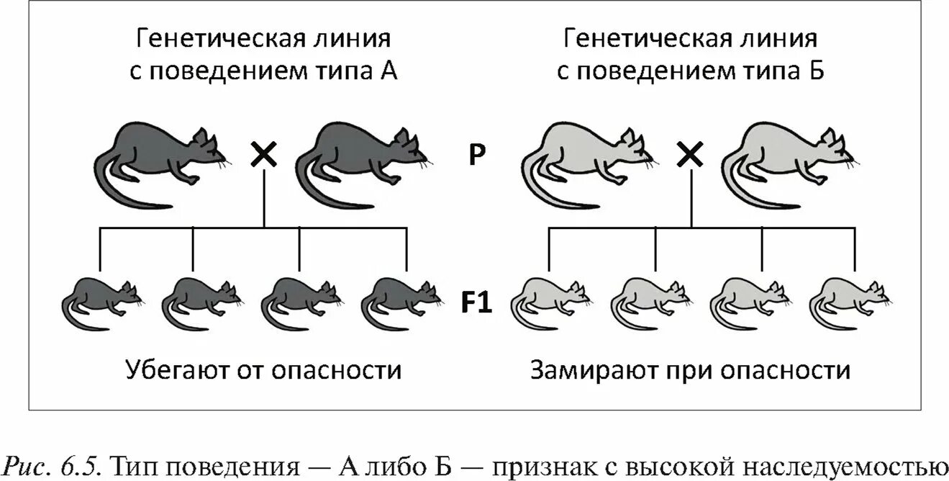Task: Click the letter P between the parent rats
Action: [x=476, y=156]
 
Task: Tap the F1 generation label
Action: [x=476, y=302]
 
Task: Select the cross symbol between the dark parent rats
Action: [x=264, y=154]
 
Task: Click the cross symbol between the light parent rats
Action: [x=691, y=154]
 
